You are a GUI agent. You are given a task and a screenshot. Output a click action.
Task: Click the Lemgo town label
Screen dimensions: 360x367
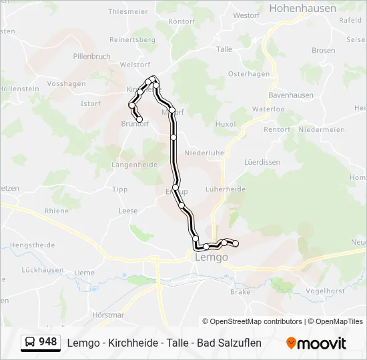click(211, 257)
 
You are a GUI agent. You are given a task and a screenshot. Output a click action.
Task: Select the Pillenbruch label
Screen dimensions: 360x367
click(92, 57)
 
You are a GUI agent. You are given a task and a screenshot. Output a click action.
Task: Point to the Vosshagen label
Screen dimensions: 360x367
click(67, 84)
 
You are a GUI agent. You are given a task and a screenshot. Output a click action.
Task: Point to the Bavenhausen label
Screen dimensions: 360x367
click(291, 95)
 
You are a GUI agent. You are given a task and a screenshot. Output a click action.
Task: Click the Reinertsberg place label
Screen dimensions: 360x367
click(133, 40)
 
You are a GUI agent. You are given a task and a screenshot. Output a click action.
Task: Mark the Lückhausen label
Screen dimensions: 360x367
click(42, 270)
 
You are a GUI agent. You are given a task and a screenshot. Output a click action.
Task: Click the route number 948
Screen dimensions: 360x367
click(48, 342)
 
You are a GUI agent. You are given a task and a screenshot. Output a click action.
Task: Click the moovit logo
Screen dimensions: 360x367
click(316, 343)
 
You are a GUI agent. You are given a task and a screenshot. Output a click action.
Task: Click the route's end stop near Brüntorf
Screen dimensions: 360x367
click(139, 119)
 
